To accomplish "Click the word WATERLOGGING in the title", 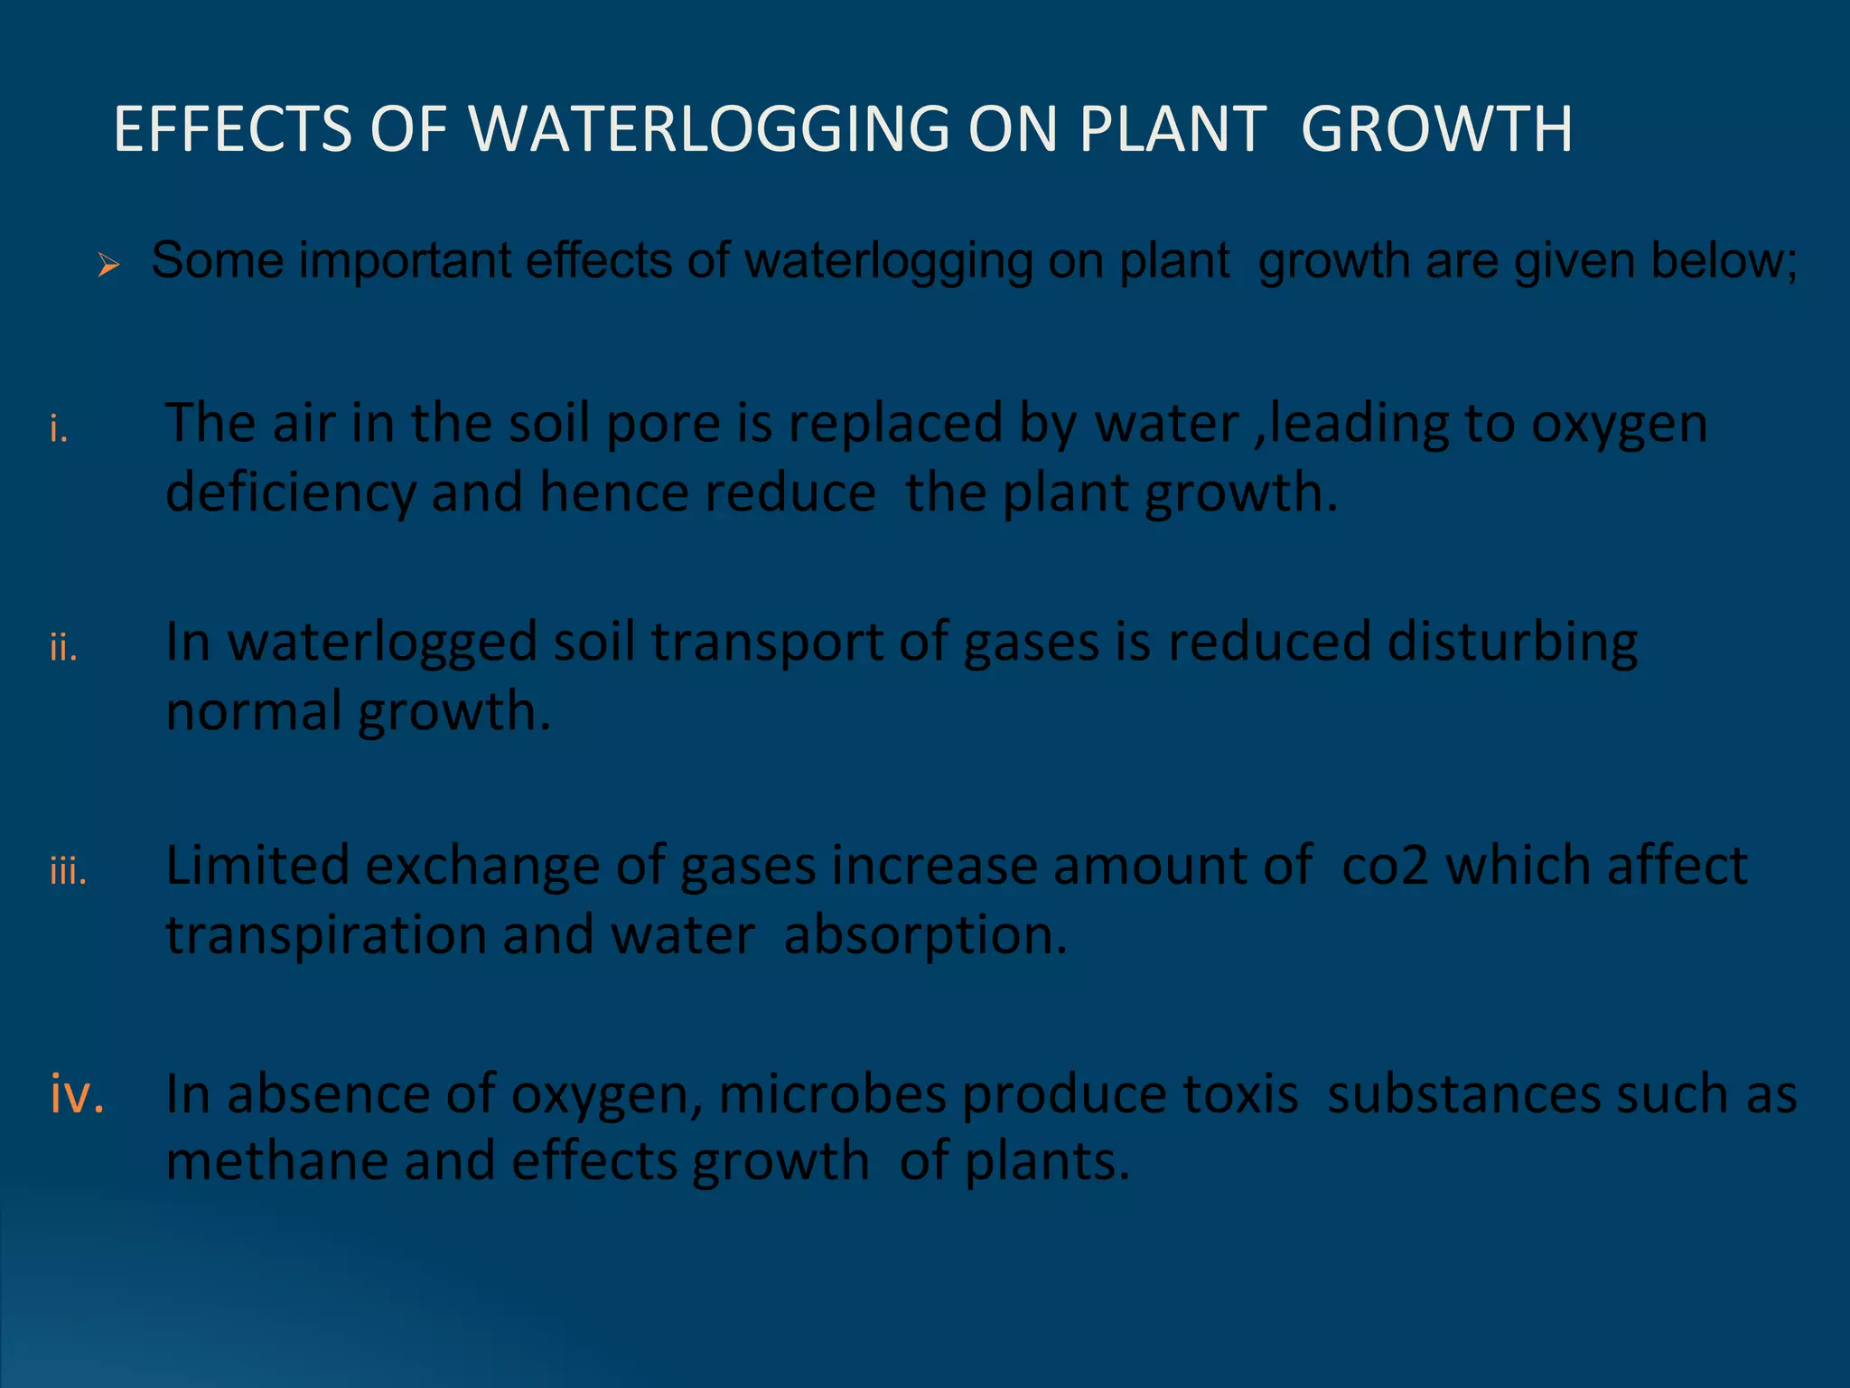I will (709, 129).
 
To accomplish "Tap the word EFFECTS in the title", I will (232, 129).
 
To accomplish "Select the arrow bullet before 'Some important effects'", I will (108, 265).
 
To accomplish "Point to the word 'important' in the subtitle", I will (406, 261).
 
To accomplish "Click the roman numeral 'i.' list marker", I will (60, 431).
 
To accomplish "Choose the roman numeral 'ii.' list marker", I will (63, 649).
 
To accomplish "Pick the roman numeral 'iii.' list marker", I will (69, 873).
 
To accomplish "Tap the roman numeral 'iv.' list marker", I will (78, 1094).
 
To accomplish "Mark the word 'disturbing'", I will (1512, 642).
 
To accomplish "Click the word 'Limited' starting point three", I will (257, 866).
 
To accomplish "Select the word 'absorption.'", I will (926, 935).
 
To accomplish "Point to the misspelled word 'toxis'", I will (1239, 1094).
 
